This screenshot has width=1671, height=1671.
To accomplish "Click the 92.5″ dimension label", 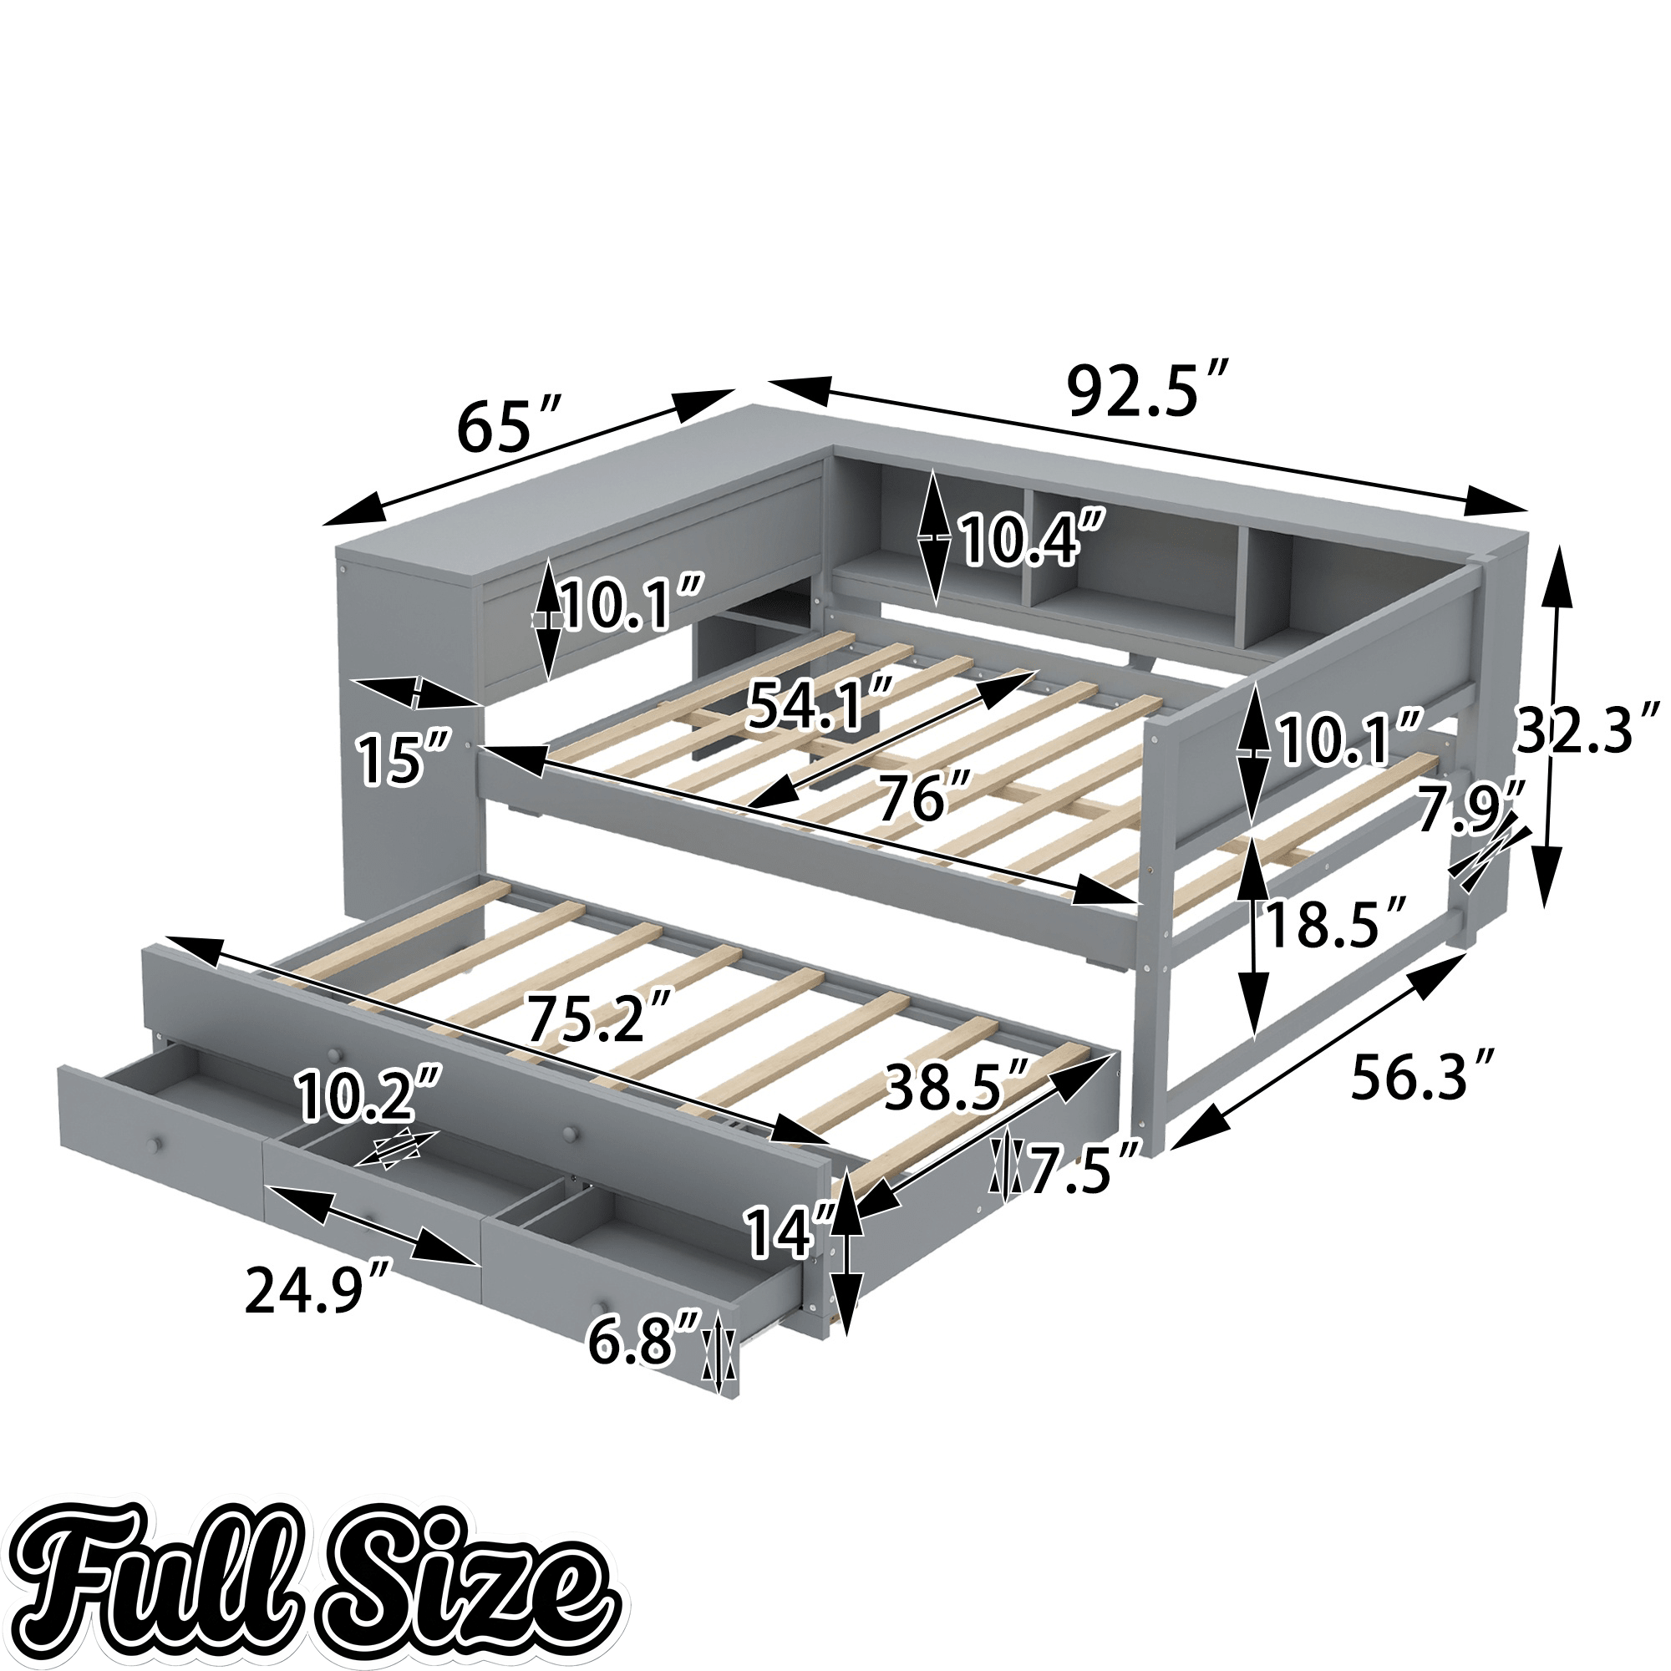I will (1148, 391).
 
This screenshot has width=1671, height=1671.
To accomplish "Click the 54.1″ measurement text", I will (818, 705).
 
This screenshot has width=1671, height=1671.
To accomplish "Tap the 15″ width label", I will (403, 759).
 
